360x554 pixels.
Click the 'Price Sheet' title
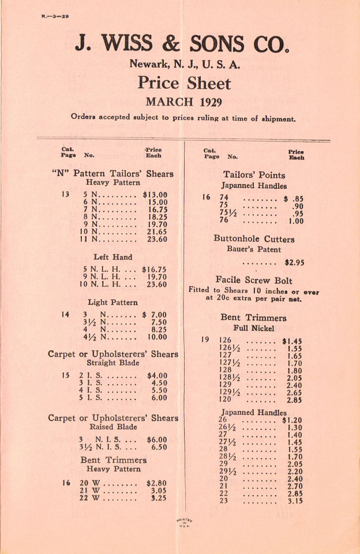click(x=183, y=83)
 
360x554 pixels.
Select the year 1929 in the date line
click(x=203, y=102)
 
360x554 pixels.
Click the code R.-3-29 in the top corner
click(x=55, y=17)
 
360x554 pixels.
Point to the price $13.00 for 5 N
click(x=155, y=194)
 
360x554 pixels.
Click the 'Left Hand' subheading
click(x=112, y=257)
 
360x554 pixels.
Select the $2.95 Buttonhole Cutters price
click(x=294, y=263)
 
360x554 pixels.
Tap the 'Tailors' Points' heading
click(x=254, y=175)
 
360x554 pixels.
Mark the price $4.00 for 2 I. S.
click(x=157, y=375)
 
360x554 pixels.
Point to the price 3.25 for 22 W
click(x=156, y=498)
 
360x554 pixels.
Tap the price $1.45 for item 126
click(x=292, y=341)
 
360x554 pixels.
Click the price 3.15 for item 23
click(x=295, y=501)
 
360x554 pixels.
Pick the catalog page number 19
click(x=205, y=340)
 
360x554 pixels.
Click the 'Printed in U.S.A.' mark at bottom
click(x=183, y=522)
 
